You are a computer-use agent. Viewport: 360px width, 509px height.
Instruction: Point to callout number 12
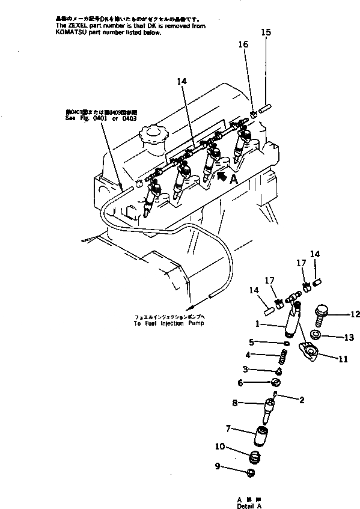[355, 314]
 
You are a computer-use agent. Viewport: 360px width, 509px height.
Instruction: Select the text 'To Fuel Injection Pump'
[168, 323]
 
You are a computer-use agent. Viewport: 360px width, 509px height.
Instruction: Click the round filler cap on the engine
[153, 135]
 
